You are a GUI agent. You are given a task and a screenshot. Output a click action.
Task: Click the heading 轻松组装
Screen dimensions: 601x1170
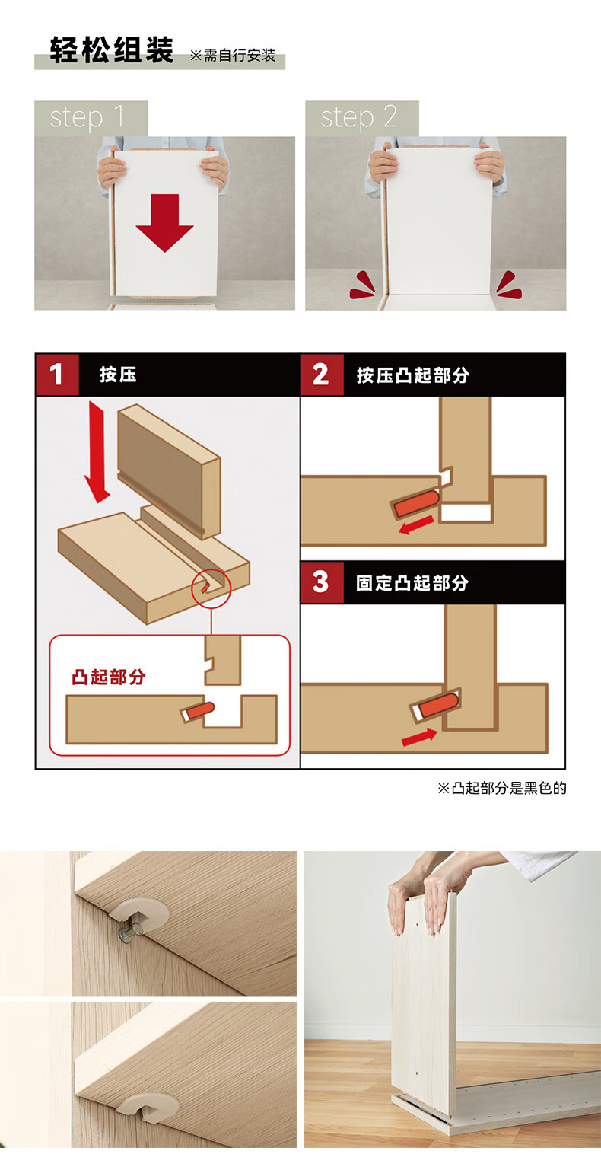(x=111, y=50)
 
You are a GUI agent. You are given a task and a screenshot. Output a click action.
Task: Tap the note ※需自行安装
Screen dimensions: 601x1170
(x=232, y=56)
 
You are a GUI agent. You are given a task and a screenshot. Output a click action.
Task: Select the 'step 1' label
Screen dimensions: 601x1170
(x=87, y=116)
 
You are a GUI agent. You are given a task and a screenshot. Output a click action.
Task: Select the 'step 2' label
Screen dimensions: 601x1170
(x=359, y=116)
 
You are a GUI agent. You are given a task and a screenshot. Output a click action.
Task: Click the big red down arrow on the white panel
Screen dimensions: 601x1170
(x=164, y=222)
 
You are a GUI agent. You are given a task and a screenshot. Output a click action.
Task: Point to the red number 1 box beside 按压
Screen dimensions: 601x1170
(x=57, y=375)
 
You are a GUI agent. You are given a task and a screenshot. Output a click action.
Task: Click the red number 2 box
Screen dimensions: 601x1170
(x=322, y=375)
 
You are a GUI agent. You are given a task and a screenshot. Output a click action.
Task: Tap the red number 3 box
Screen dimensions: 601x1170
(x=322, y=582)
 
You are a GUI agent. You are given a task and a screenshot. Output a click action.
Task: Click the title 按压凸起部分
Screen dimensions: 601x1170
(x=412, y=375)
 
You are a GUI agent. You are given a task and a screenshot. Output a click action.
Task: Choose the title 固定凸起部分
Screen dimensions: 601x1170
(x=412, y=583)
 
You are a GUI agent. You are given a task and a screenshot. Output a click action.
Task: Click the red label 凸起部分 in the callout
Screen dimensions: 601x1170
(x=109, y=677)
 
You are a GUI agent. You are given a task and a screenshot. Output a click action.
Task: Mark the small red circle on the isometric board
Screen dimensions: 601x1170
(x=211, y=588)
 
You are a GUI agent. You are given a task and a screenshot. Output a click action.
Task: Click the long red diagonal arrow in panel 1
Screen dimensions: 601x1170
(x=97, y=452)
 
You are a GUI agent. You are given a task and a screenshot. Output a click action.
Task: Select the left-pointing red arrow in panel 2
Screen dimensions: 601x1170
(x=416, y=524)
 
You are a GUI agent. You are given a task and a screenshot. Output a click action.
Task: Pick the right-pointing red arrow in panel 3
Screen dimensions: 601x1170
(x=419, y=738)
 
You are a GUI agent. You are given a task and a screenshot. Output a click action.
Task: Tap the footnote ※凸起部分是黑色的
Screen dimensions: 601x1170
(x=502, y=788)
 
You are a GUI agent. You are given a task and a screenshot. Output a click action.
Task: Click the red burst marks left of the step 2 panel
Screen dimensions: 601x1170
(x=362, y=285)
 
